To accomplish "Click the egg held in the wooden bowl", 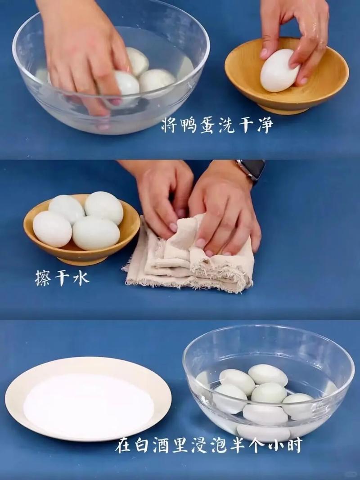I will coord(279,71).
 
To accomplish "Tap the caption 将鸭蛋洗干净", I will coord(217,126).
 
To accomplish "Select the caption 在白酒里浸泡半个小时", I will coord(208,445).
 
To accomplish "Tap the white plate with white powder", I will coord(88,398).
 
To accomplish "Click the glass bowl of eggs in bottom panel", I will coord(268,385).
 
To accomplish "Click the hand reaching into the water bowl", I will coord(85,49).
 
